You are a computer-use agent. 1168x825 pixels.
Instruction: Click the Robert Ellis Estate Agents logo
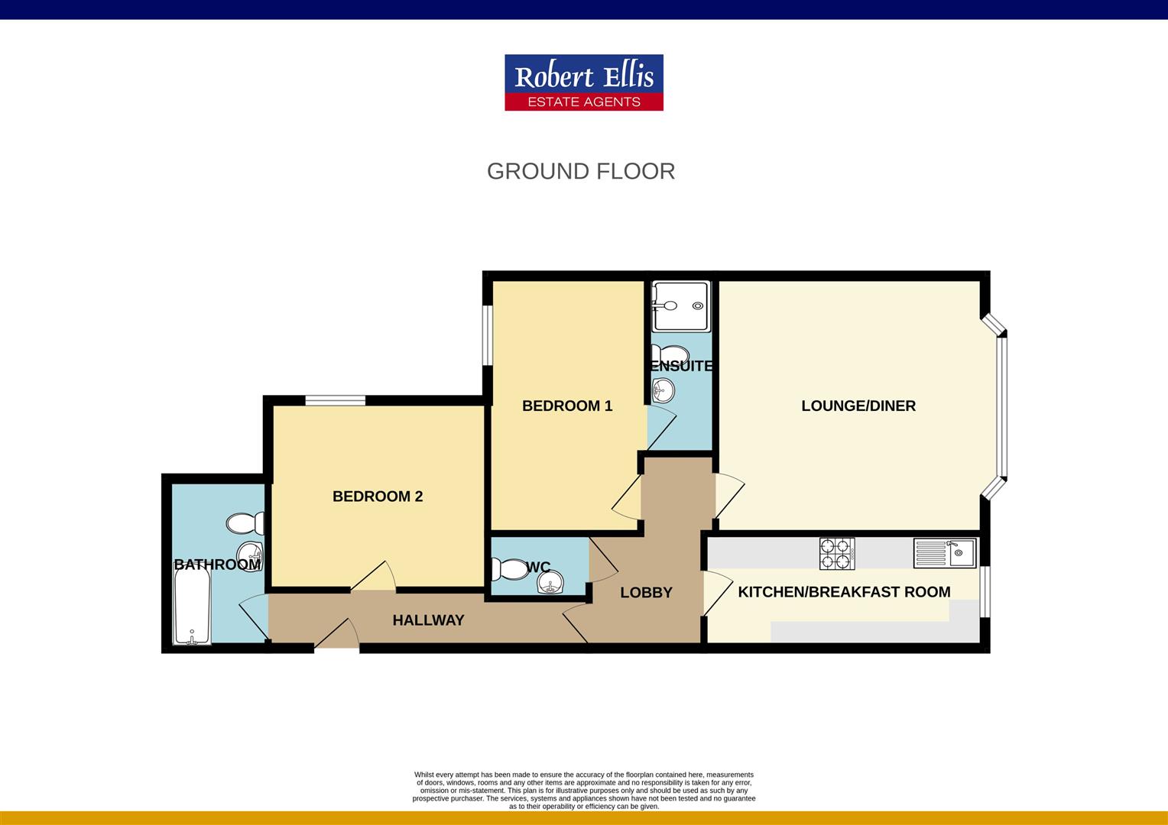583,82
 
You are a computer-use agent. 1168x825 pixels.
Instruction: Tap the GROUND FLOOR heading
581,171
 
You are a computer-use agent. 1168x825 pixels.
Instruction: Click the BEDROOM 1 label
567,406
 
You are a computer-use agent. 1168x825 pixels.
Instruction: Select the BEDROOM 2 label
378,497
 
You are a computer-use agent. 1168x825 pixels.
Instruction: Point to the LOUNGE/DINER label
858,406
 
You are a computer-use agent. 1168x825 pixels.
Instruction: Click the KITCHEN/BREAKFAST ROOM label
844,591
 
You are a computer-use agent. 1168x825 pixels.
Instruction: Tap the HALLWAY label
428,620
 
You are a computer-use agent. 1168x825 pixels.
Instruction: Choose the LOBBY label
646,592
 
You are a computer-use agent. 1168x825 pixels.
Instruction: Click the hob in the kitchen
836,553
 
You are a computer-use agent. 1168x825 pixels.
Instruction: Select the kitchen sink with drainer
945,553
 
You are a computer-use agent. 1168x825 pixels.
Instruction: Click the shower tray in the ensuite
681,306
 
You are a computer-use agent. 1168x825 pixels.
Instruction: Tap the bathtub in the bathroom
192,609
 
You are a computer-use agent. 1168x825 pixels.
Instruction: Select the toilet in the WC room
506,569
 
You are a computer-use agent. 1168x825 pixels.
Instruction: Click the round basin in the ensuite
662,391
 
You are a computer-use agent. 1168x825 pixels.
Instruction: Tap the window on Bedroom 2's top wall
335,400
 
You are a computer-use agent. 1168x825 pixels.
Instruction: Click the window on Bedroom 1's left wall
487,335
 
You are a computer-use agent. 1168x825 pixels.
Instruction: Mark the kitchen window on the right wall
985,590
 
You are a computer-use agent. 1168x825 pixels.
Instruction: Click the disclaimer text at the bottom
584,790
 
